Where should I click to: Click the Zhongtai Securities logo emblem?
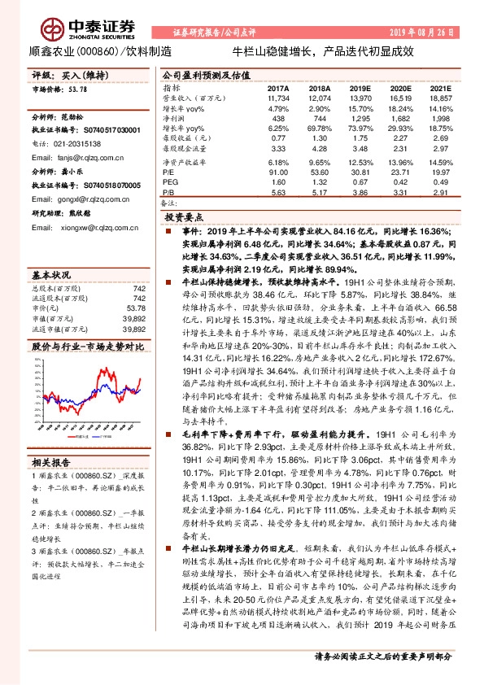[x=55, y=31]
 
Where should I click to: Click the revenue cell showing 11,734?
[x=278, y=97]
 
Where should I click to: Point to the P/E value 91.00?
[x=277, y=172]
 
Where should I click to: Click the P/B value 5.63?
[x=278, y=194]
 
